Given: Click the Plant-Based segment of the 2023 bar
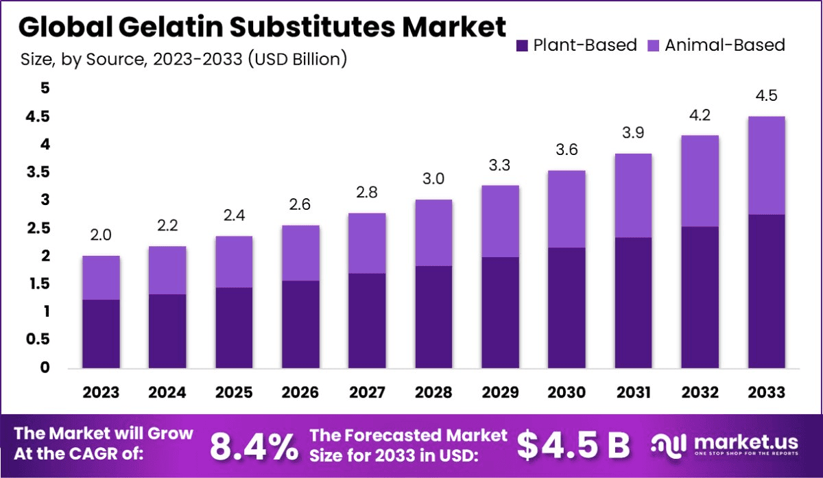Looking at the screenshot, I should point(102,334).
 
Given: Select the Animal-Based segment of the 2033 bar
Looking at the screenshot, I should point(766,165).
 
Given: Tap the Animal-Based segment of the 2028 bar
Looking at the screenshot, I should point(433,232).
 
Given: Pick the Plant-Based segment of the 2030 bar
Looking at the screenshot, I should point(566,308).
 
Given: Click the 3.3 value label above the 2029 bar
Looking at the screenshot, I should point(500,165).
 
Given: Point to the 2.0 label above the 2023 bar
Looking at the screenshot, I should point(102,235).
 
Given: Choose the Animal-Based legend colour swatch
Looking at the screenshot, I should point(652,46).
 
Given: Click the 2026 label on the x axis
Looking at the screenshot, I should point(300,392).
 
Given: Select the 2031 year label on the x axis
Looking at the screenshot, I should point(633,392).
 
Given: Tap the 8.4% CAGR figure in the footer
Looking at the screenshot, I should point(254,446).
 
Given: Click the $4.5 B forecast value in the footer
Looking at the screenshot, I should point(573,446).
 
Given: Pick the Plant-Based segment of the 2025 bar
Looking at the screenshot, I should point(234,328).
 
